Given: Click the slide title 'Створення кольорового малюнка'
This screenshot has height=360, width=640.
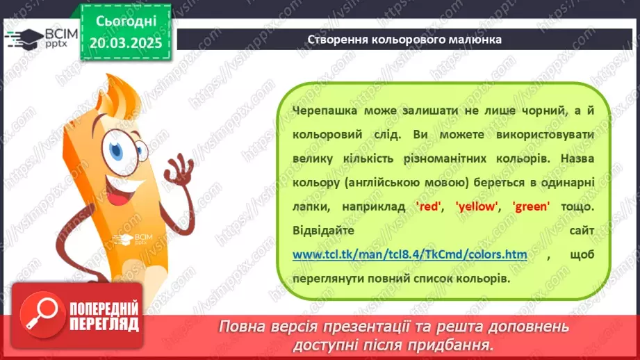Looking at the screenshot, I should (x=404, y=39).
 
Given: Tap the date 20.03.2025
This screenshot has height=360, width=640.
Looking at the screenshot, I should (x=125, y=42).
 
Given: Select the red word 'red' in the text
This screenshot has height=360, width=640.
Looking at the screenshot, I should (x=426, y=206).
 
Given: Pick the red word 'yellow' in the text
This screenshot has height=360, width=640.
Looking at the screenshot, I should (x=477, y=206).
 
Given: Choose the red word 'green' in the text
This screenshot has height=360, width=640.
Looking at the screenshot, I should (x=531, y=206).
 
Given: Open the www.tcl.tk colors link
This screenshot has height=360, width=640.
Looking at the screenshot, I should (x=409, y=254).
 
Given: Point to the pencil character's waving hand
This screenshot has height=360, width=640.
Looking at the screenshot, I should (x=182, y=170).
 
